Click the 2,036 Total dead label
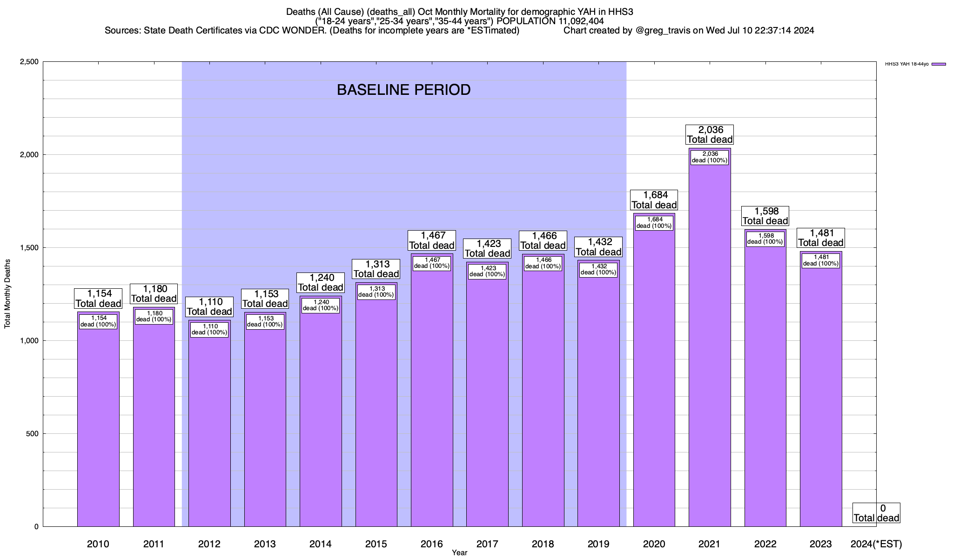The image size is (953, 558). pyautogui.click(x=710, y=134)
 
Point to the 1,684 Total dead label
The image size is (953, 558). pyautogui.click(x=654, y=200)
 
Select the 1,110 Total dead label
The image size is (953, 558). pyautogui.click(x=209, y=307)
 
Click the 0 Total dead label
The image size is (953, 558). pyautogui.click(x=876, y=513)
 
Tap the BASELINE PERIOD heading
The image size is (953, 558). pyautogui.click(x=403, y=90)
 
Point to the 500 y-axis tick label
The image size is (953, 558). pyautogui.click(x=32, y=434)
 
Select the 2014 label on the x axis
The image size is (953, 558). pyautogui.click(x=321, y=544)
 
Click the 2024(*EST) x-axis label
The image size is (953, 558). pyautogui.click(x=876, y=544)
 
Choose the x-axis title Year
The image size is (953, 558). pyautogui.click(x=459, y=553)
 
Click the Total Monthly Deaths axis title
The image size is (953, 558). pyautogui.click(x=7, y=294)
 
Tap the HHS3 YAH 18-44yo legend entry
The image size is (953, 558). pyautogui.click(x=915, y=64)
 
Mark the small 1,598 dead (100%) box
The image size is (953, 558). pyautogui.click(x=765, y=239)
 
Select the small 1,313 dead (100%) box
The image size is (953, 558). pyautogui.click(x=376, y=292)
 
